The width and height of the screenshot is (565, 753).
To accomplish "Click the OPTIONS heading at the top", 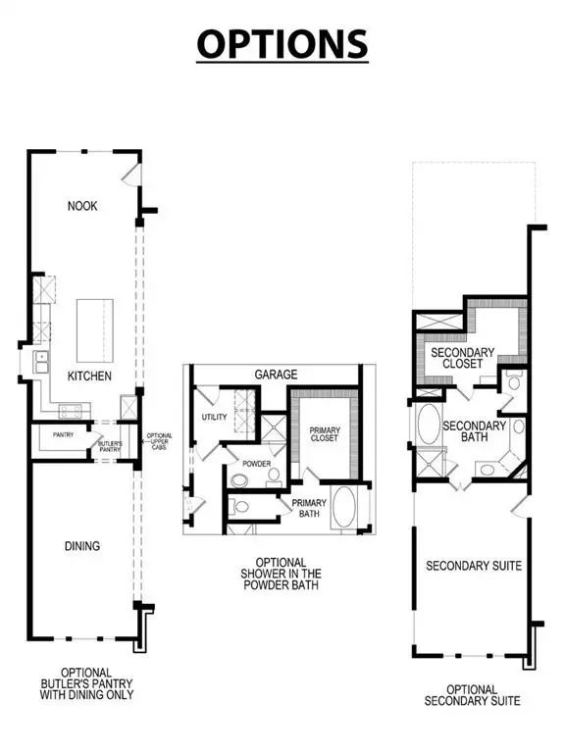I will pos(282,43).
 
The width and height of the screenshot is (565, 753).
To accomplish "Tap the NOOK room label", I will pos(82,206).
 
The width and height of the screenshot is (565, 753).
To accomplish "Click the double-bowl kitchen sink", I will pos(43,364).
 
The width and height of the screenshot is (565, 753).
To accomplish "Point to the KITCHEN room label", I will pos(89,376).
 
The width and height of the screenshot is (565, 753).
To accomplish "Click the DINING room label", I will pos(84,546).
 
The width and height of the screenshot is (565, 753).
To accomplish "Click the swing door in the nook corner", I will pos(131,174).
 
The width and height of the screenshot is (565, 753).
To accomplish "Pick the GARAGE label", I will pos(276,375).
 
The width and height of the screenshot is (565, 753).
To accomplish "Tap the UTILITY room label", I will pos(214,417).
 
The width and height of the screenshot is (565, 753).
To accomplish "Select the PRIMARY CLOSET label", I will pos(325,433).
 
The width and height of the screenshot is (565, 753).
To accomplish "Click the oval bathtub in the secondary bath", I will pos(429,427).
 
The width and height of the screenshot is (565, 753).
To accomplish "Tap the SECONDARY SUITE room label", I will pos(473,566).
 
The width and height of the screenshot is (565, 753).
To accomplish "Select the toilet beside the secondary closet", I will pos(514,383).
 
